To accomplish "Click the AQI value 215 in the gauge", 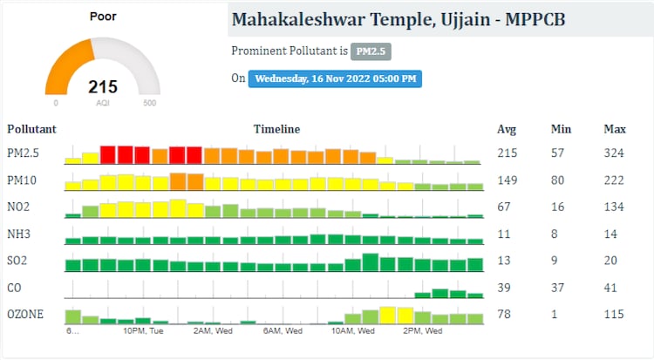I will point(103,87).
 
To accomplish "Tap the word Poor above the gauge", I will point(103,17).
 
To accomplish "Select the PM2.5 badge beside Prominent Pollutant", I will point(371,51).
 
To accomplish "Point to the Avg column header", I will point(507,130).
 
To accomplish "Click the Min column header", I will point(561,130).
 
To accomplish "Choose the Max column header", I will point(615,130).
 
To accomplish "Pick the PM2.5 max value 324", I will point(614,154).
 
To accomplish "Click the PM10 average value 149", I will point(507,180).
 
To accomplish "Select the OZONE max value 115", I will point(614,314).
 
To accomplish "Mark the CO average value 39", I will point(503,288).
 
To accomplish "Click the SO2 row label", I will point(18,261).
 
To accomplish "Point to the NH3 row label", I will point(18,234).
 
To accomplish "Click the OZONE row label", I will point(24,314).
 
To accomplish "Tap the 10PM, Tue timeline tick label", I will point(144,331).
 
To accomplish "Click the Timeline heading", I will point(276,130).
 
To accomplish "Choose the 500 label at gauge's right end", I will point(149,103).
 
